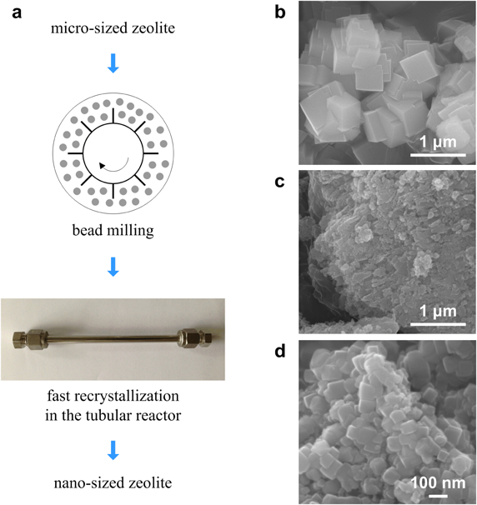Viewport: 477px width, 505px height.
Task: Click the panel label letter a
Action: [17, 13]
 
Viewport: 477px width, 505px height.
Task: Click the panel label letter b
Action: [280, 12]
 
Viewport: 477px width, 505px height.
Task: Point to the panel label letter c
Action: [279, 182]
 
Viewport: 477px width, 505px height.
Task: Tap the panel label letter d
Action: [280, 351]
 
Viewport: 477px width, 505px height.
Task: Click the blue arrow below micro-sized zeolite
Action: [113, 63]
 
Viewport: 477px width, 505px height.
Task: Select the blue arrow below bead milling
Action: [113, 267]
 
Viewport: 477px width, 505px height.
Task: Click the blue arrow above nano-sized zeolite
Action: [113, 450]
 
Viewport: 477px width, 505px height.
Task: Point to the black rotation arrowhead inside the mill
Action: [103, 166]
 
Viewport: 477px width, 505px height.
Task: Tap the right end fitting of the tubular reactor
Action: [196, 338]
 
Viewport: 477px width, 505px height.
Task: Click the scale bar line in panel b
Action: [438, 155]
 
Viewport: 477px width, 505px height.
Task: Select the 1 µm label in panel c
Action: [438, 312]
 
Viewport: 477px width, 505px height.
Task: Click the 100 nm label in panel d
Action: [438, 482]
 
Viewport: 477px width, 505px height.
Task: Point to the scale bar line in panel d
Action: [438, 496]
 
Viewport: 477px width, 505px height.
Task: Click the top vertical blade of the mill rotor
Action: [113, 116]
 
